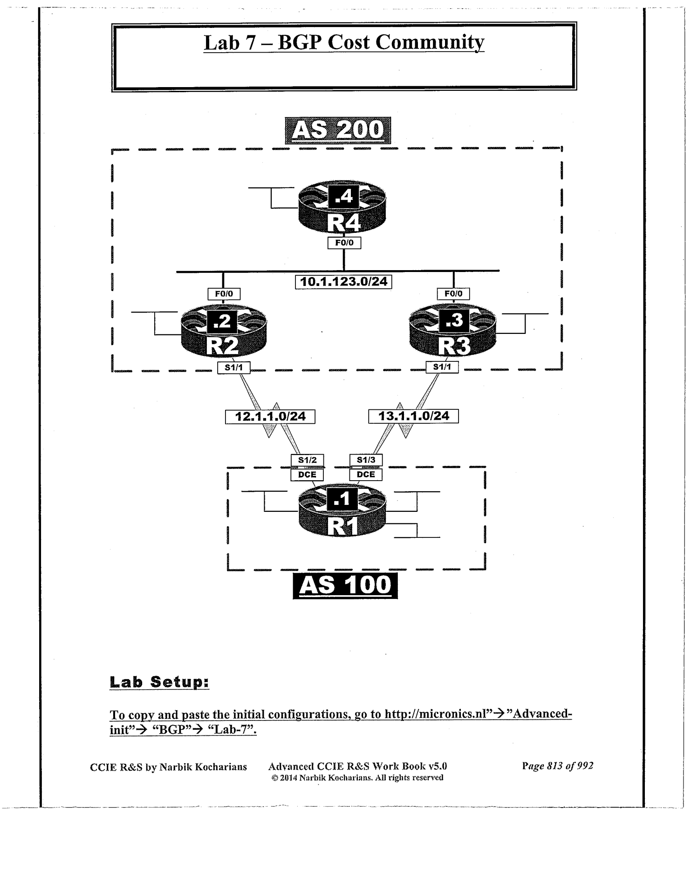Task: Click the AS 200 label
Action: [337, 130]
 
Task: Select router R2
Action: [224, 331]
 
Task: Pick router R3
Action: [452, 331]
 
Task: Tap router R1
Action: [342, 512]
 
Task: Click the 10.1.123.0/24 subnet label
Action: [343, 282]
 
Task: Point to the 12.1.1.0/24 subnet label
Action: [270, 416]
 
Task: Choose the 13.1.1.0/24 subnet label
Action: [413, 416]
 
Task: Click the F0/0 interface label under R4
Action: [344, 243]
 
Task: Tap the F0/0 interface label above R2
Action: [224, 294]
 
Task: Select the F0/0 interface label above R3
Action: [453, 294]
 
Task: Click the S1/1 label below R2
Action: [234, 367]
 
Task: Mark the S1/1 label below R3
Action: [442, 367]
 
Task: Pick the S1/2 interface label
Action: [307, 460]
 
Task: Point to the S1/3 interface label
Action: [366, 460]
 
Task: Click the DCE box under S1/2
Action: [307, 475]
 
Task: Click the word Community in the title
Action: [430, 42]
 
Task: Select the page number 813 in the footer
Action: [557, 766]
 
